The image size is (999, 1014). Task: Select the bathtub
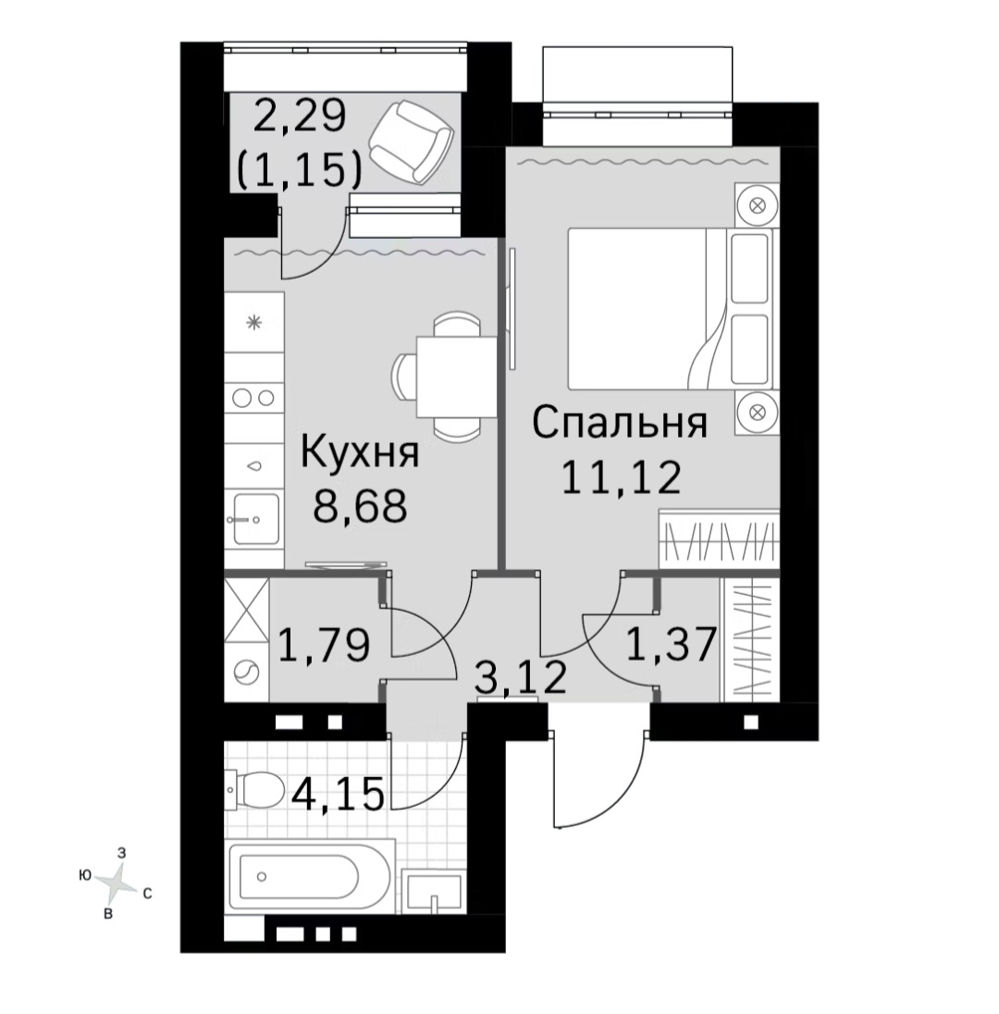(x=308, y=877)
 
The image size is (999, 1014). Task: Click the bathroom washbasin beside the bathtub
(x=433, y=892)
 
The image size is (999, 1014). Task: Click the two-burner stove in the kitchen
(x=253, y=398)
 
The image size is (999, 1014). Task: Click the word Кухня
(x=360, y=452)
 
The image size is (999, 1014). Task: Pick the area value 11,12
(x=621, y=478)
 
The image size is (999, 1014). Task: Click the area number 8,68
(x=360, y=505)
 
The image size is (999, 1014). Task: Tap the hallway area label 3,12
(x=520, y=676)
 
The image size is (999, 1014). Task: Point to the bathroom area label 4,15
(x=338, y=793)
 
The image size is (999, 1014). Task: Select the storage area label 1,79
(x=324, y=645)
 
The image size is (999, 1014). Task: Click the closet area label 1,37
(x=672, y=644)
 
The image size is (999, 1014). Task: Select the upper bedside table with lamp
(x=758, y=205)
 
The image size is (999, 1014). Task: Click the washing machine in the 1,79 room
(x=246, y=673)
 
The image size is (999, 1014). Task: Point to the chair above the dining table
(x=457, y=324)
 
